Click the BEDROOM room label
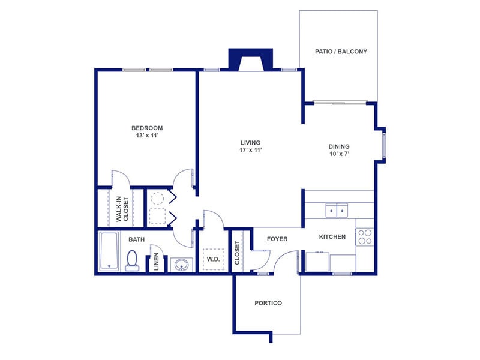click(x=147, y=128)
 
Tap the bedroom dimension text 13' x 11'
click(x=147, y=136)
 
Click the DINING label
click(x=339, y=146)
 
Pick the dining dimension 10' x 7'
click(x=339, y=154)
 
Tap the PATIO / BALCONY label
click(x=341, y=52)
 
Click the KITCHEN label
click(x=332, y=237)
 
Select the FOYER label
click(x=277, y=239)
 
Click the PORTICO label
click(x=268, y=303)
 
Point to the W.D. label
click(x=213, y=260)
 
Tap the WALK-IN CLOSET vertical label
click(x=122, y=208)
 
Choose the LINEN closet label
click(x=156, y=262)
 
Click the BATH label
click(x=136, y=239)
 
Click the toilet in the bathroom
click(x=133, y=260)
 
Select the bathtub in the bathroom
click(x=110, y=251)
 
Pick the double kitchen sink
click(x=337, y=211)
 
